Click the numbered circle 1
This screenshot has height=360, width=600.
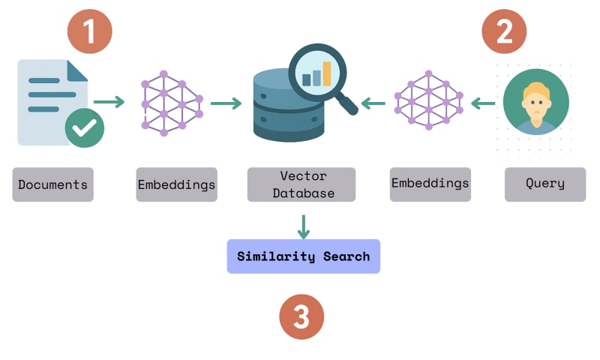coord(89,32)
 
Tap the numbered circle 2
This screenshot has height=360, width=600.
coord(503,32)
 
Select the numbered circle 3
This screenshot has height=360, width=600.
coord(301,316)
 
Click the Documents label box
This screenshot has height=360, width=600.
coord(52,184)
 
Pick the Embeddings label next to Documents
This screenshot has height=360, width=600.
coord(176,184)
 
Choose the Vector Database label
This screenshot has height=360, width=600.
coord(303,184)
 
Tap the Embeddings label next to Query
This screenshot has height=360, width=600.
coord(430,184)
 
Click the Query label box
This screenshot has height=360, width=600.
coord(545,184)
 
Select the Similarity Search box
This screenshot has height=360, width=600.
coord(303,256)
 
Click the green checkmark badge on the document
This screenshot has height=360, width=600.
coord(84,127)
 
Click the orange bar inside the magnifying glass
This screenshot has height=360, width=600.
coord(327,73)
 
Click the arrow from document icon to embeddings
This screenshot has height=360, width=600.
coord(109,102)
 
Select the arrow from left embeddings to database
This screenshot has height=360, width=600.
coord(226,103)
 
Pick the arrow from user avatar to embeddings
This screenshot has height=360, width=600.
coord(483,103)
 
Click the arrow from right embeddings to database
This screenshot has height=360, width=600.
coord(373,103)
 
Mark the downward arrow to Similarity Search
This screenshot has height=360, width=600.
coord(303,227)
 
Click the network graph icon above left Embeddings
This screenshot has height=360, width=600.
coord(172,103)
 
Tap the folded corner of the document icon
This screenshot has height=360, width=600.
coord(76,70)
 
